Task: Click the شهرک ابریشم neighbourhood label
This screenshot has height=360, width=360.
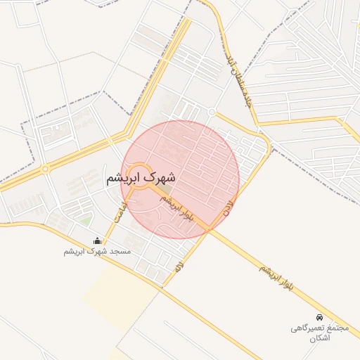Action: [141, 179]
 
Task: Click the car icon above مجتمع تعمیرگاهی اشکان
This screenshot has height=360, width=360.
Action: [320, 317]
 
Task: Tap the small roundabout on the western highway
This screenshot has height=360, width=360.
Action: [44, 169]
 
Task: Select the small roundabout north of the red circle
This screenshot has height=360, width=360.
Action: [211, 112]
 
